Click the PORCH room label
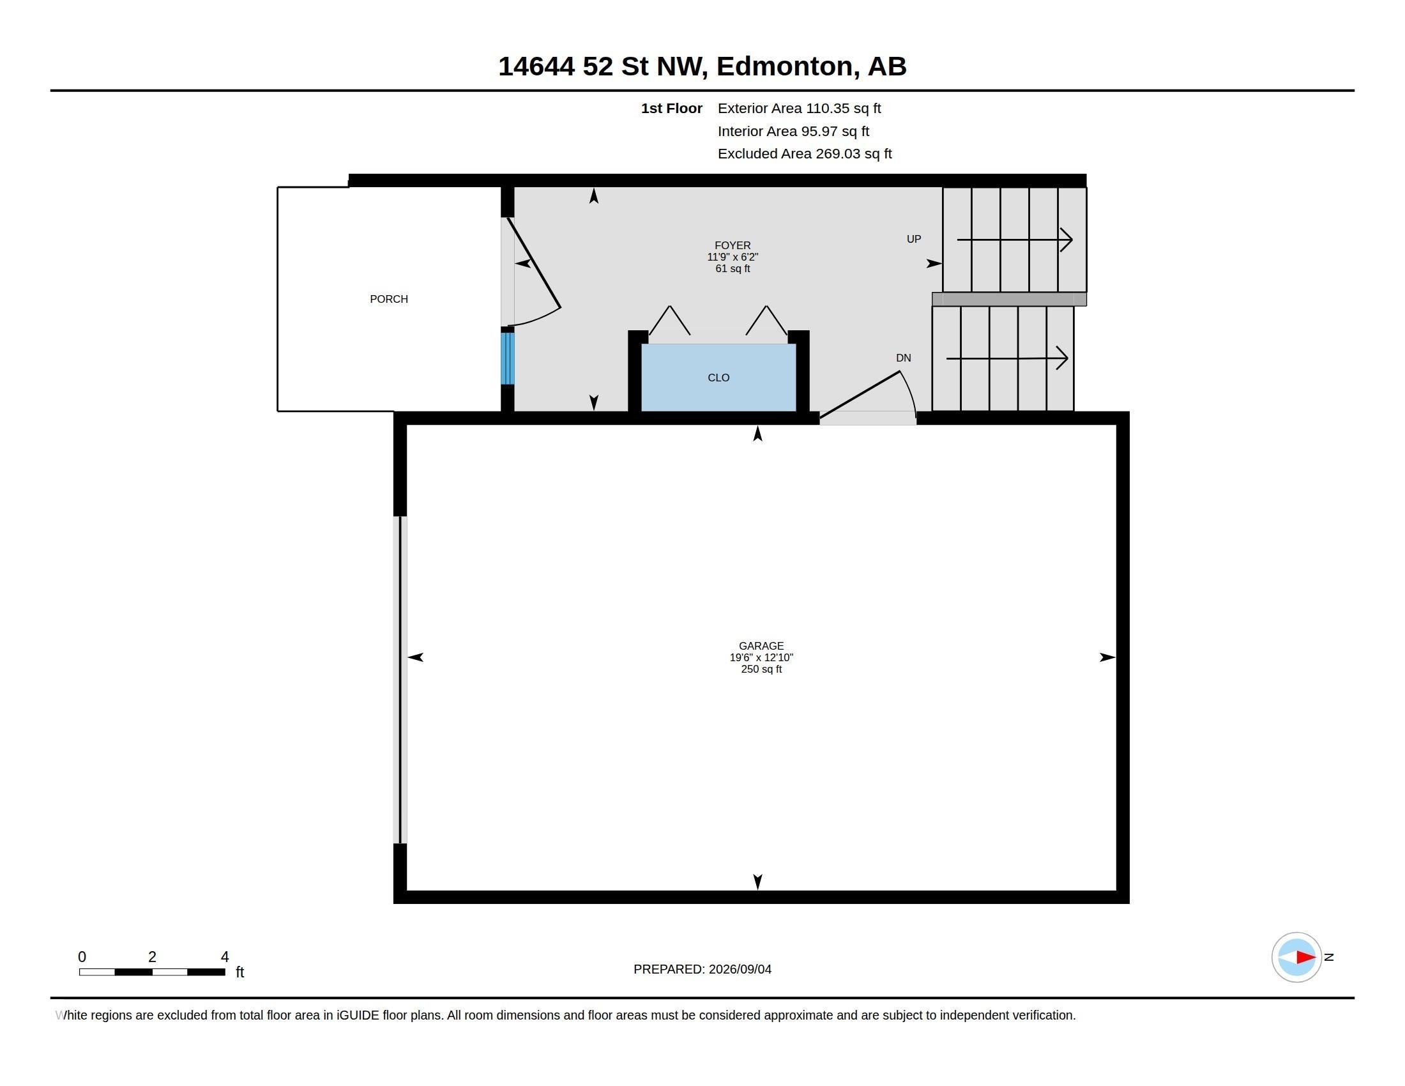coord(388,299)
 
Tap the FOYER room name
coord(732,245)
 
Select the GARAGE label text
coord(761,646)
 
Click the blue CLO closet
coord(718,378)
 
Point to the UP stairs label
coord(913,240)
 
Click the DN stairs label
coord(903,358)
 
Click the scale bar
coord(152,972)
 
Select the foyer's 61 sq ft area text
coord(732,269)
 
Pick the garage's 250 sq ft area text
coord(761,669)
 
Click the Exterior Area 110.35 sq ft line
coord(799,108)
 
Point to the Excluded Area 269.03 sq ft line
coord(804,154)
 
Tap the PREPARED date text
coord(702,969)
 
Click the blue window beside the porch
coord(508,358)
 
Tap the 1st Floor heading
coord(671,109)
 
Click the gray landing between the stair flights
coord(1008,299)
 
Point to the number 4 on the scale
coord(225,957)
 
